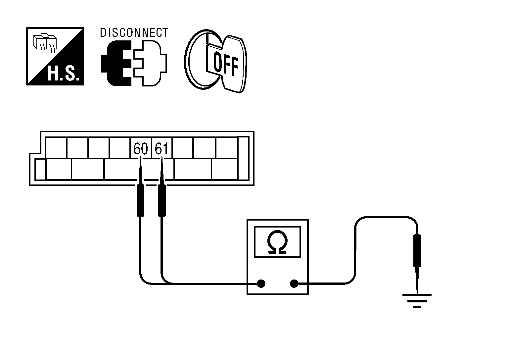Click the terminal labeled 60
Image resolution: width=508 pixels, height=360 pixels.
[x=140, y=148]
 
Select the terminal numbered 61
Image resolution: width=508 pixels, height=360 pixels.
[x=162, y=148]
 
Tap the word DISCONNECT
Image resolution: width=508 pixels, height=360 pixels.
[x=134, y=33]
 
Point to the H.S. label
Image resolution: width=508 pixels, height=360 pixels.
[x=64, y=75]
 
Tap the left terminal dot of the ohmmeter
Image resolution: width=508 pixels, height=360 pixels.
[x=261, y=283]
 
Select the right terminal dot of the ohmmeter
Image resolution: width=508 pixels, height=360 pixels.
[x=294, y=283]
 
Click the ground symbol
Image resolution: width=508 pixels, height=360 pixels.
[x=417, y=300]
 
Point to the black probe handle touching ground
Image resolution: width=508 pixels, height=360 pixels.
[x=417, y=250]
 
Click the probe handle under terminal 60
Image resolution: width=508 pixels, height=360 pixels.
[x=140, y=200]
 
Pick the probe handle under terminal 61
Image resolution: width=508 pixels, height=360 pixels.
[x=162, y=200]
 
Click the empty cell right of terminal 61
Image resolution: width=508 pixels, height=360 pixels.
[x=183, y=148]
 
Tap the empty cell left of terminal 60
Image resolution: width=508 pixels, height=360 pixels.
[x=119, y=148]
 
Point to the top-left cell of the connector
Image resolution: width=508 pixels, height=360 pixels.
[x=56, y=148]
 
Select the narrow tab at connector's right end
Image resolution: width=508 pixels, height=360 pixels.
[x=243, y=159]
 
